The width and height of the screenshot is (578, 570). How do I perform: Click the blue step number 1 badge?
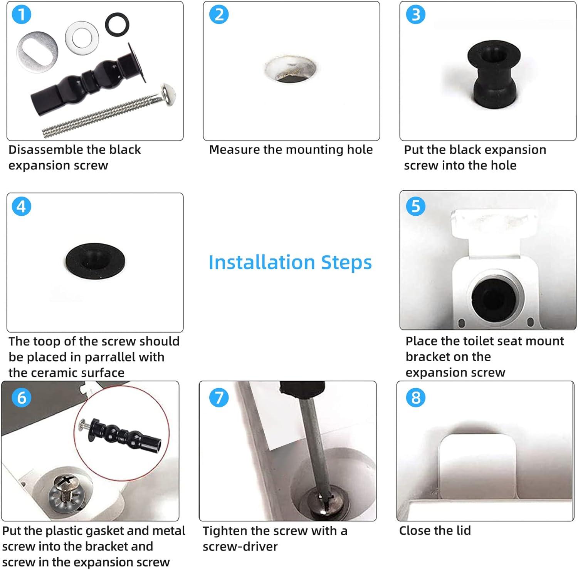point(22,15)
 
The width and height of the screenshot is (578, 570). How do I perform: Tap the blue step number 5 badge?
point(416,206)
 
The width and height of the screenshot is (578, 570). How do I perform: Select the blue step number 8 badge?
point(416,397)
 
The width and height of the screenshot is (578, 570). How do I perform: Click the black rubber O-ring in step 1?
point(117,24)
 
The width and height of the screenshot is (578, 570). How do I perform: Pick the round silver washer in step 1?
point(82,38)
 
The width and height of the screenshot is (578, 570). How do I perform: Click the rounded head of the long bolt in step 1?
point(168,95)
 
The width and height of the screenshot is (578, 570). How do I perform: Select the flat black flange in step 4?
point(95,258)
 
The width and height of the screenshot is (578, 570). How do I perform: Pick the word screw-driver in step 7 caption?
point(240,547)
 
